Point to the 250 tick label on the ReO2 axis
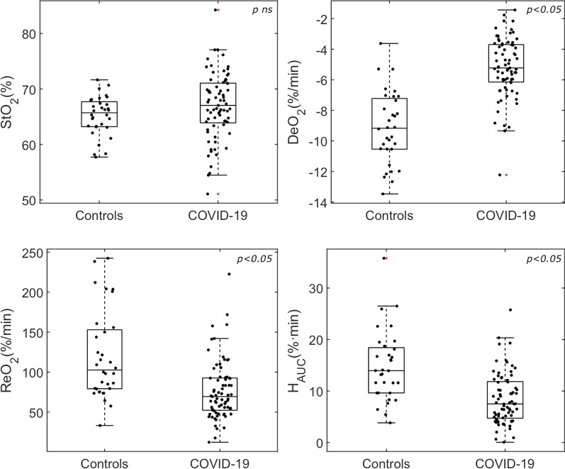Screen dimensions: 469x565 click(x=28, y=253)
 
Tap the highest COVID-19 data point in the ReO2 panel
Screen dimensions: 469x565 click(x=229, y=274)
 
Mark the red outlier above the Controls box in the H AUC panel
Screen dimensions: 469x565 click(x=386, y=258)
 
